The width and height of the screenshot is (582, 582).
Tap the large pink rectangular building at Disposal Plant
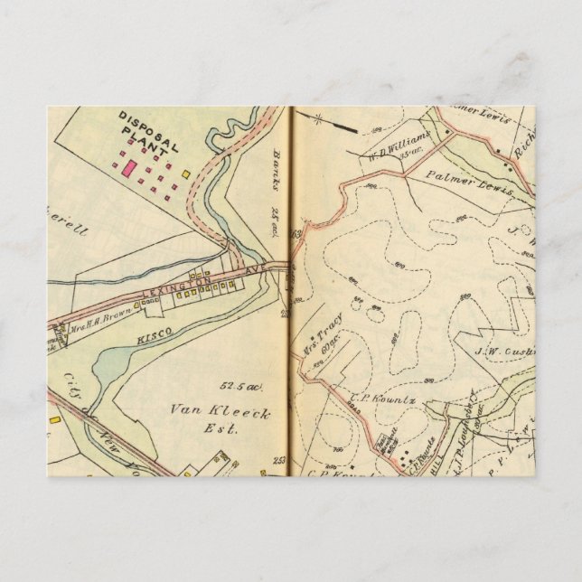coord(129,167)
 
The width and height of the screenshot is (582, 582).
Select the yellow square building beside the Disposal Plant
coord(185,174)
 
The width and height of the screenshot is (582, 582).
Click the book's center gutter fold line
coord(291,289)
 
